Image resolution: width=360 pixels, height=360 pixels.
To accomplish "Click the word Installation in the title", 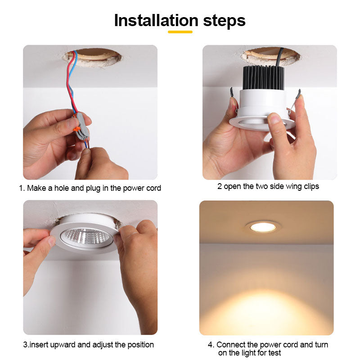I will point(156,21).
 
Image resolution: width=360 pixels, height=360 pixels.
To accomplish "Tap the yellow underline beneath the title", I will point(180,32).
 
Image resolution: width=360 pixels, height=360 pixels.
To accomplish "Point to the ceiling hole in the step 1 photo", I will point(97,57).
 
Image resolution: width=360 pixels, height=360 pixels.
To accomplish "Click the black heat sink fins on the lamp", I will point(263,77).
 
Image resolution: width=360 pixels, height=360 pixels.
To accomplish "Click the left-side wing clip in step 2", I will point(232,94).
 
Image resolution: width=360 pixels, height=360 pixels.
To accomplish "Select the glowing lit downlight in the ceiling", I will point(263,227).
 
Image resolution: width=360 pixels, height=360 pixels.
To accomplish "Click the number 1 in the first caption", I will point(21,188).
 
